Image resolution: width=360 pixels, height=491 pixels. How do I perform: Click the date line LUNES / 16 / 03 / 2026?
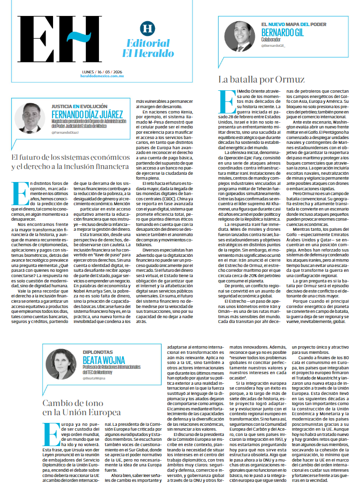[102, 72]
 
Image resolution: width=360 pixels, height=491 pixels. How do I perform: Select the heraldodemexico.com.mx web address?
[102, 77]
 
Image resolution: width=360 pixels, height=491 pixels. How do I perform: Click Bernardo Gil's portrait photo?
[239, 36]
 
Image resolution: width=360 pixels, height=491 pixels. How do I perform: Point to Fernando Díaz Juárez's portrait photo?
[30, 118]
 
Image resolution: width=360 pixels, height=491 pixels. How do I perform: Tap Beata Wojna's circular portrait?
[61, 364]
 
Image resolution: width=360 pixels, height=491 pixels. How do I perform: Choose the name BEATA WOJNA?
[101, 360]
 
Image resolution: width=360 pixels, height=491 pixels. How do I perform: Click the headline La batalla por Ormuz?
[261, 79]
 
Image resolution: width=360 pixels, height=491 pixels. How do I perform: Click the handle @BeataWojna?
[94, 378]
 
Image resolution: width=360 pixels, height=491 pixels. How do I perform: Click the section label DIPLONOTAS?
[97, 352]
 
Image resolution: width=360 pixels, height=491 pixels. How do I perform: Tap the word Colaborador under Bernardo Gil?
[272, 40]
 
